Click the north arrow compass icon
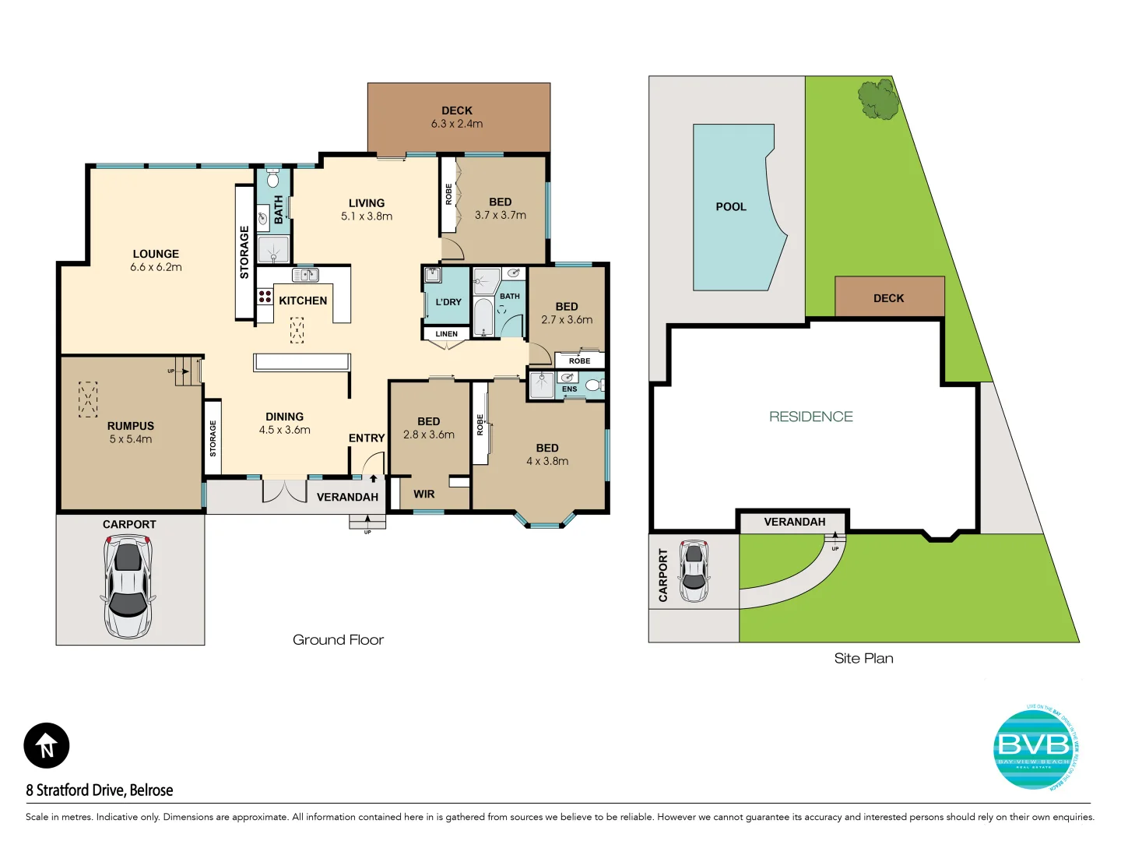(x=47, y=746)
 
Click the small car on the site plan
(x=694, y=571)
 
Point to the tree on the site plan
(x=878, y=99)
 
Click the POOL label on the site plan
(x=731, y=206)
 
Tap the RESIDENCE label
(x=810, y=417)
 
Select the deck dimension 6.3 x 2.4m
(x=457, y=124)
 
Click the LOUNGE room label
(x=156, y=254)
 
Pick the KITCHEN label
(x=303, y=301)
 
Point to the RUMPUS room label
(x=131, y=426)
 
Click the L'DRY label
(x=448, y=302)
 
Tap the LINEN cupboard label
(x=447, y=334)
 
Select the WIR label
(x=424, y=494)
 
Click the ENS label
(x=570, y=389)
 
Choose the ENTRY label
(x=367, y=438)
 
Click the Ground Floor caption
(x=338, y=640)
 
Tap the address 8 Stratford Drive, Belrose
(x=100, y=790)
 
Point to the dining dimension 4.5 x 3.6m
(x=285, y=430)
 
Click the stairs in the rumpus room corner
(x=187, y=371)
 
